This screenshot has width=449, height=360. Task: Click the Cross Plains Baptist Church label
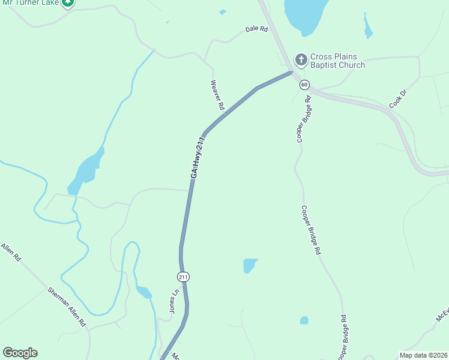[x=337, y=61]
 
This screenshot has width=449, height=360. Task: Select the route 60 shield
[x=305, y=85]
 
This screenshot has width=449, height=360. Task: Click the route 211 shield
[x=183, y=277]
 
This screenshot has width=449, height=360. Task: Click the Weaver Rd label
[x=217, y=95]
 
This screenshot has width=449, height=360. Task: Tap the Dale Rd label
[x=256, y=29]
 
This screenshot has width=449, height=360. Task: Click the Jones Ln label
[x=174, y=301]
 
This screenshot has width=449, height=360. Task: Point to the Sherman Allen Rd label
[x=67, y=307]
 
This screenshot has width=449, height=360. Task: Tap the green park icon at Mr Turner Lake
[x=68, y=2]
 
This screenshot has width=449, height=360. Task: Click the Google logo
[x=20, y=353]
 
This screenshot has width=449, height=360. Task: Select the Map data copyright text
[x=423, y=355]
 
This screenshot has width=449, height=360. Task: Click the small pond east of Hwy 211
[x=250, y=265]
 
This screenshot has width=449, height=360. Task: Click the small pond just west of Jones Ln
[x=144, y=292]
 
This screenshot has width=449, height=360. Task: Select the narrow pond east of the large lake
[x=367, y=26]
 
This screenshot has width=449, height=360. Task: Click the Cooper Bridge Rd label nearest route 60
[x=304, y=122]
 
